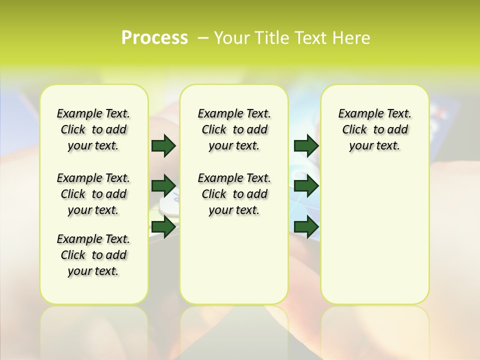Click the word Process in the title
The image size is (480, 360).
[x=154, y=38]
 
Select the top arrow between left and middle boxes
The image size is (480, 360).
[x=163, y=145]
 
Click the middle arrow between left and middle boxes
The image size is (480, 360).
[x=163, y=186]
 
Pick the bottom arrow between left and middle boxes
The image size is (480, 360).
[x=163, y=226]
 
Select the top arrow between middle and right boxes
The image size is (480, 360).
[x=306, y=145]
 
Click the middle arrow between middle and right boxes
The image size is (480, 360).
[x=306, y=186]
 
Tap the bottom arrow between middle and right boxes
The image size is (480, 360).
[x=306, y=226]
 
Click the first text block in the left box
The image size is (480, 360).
[x=93, y=129]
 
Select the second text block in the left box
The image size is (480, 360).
[x=93, y=194]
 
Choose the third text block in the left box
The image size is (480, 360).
[x=93, y=255]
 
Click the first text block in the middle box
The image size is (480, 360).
[x=234, y=129]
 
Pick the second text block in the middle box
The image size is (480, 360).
[x=234, y=194]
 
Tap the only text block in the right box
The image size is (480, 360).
[x=374, y=129]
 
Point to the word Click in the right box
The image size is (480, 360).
[x=354, y=130]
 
